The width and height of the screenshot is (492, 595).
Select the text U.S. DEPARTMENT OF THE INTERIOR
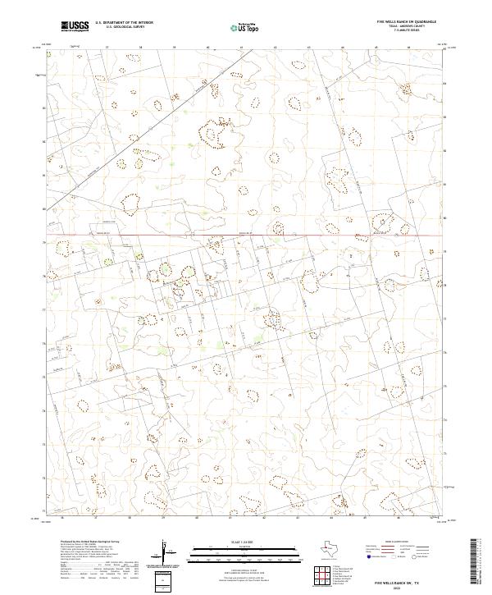coord(124,22)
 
